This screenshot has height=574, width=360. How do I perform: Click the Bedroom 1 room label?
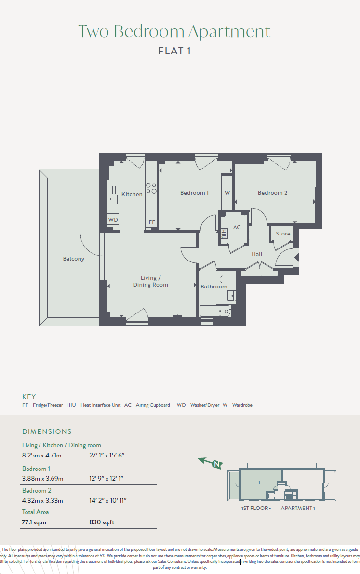194,193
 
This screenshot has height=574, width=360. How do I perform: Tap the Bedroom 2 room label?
272,193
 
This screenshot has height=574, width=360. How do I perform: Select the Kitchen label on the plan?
132,194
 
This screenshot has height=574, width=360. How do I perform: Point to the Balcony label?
74,259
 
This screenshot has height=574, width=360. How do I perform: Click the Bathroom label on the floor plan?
214,287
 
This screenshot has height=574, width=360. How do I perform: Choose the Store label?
283,234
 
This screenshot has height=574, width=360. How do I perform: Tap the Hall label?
257,254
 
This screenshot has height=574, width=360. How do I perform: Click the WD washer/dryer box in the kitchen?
113,220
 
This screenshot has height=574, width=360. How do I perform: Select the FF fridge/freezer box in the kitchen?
152,222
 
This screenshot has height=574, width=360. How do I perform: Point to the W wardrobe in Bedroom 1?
227,193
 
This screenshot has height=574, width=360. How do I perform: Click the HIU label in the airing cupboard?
224,233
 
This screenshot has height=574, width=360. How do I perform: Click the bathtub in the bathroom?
215,311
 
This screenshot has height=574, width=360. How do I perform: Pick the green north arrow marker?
211,463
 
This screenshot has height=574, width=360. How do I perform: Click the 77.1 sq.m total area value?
34,522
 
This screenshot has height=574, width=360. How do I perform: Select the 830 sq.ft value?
102,522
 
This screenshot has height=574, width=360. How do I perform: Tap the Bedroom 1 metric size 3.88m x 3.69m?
42,479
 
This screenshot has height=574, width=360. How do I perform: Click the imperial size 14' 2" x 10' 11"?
107,500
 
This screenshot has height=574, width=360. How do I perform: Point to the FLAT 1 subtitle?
174,51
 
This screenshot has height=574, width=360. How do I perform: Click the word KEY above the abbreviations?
29,397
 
